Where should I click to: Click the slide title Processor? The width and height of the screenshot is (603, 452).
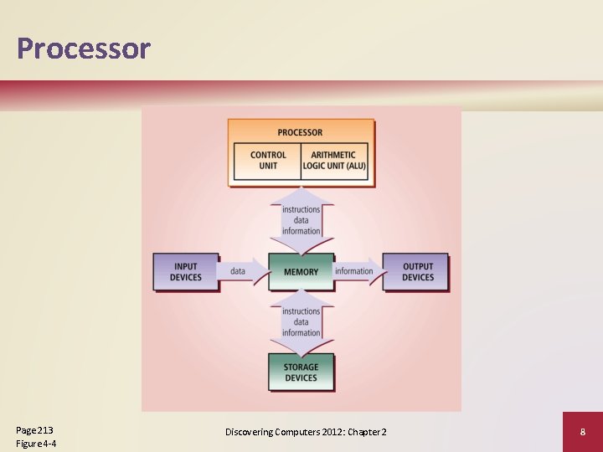(x=83, y=49)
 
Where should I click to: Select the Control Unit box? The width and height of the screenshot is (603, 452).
(x=268, y=161)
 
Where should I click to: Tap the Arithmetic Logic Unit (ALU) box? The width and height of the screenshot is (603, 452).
(x=333, y=161)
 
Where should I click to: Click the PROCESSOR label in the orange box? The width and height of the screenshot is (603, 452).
(x=300, y=132)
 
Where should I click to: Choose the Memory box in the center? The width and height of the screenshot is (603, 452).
(x=301, y=271)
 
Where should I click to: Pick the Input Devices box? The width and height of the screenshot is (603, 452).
(x=185, y=272)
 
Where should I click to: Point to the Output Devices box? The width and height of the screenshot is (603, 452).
(x=417, y=272)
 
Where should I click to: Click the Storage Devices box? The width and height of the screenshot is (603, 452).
(x=301, y=372)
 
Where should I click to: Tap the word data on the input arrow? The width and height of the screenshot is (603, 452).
(x=238, y=271)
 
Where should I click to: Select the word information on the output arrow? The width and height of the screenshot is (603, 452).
(x=353, y=271)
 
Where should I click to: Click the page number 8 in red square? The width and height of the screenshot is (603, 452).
(x=582, y=432)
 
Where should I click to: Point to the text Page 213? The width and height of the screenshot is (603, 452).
(x=34, y=429)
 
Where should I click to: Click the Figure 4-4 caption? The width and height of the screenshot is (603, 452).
(x=36, y=444)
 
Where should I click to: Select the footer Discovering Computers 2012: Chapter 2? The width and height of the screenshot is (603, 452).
(x=306, y=432)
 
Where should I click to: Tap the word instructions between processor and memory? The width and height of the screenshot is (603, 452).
(x=301, y=209)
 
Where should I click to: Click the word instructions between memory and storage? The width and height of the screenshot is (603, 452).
(x=301, y=311)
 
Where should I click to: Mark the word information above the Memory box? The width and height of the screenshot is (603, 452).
(x=301, y=231)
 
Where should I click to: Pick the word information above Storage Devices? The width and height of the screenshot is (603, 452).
(x=301, y=333)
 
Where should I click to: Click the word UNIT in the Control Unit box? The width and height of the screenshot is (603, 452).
(x=268, y=166)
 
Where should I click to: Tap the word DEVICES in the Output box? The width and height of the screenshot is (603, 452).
(x=417, y=278)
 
